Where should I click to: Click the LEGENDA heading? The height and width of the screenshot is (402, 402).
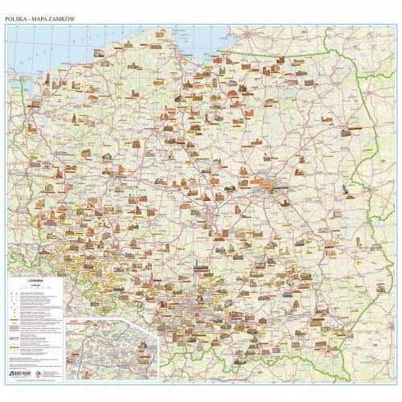[x=33, y=281]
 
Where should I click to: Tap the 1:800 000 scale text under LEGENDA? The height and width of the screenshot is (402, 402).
[x=33, y=286]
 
